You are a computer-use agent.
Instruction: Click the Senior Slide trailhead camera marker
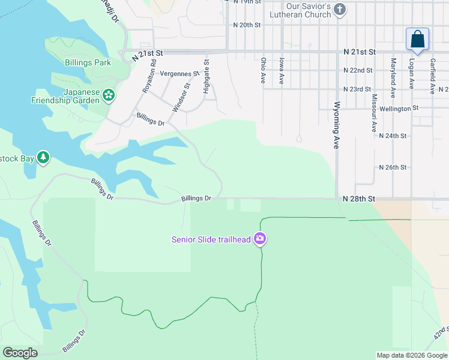coord(260,239)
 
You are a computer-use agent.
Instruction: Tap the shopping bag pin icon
coord(417,40)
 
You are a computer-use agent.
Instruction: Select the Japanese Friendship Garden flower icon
coord(108,95)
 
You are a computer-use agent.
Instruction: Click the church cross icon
coord(340,10)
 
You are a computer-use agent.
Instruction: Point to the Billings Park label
coord(88,62)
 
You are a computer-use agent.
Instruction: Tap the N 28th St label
coord(359,199)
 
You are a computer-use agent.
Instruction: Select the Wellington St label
coord(399,109)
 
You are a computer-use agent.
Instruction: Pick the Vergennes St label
coord(179,74)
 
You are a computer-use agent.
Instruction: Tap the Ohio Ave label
coord(263,70)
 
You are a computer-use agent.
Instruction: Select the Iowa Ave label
coord(281,71)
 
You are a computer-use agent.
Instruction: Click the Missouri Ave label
coord(374,113)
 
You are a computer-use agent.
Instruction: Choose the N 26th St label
coord(393,167)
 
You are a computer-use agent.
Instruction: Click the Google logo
coord(20,353)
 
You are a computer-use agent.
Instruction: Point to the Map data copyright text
coord(411,355)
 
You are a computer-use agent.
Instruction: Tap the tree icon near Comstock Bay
coord(43,157)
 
